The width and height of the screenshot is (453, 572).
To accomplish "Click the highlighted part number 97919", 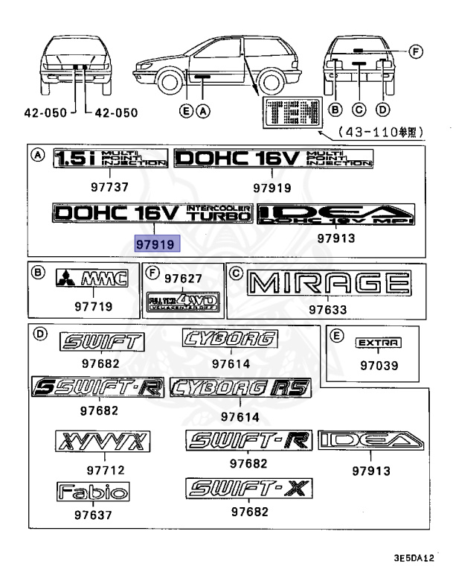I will (x=153, y=244).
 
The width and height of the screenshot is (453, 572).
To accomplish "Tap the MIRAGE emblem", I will (x=330, y=285).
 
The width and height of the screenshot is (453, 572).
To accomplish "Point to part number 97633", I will (x=330, y=308).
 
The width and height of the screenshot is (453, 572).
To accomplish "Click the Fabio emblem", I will (x=93, y=492).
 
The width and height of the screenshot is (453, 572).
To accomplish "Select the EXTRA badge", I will (x=379, y=343).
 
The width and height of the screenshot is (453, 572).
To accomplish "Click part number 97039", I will (x=379, y=366).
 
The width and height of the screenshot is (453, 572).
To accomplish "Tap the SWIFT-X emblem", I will (x=249, y=489).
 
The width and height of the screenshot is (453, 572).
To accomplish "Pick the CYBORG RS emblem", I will (x=240, y=388).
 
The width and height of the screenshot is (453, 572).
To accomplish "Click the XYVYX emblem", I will (x=103, y=442).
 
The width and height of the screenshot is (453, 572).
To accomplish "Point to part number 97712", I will (x=105, y=470).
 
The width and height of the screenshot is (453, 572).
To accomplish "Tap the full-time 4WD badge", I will (x=183, y=302).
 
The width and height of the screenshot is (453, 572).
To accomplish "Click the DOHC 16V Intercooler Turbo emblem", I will (x=153, y=213).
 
